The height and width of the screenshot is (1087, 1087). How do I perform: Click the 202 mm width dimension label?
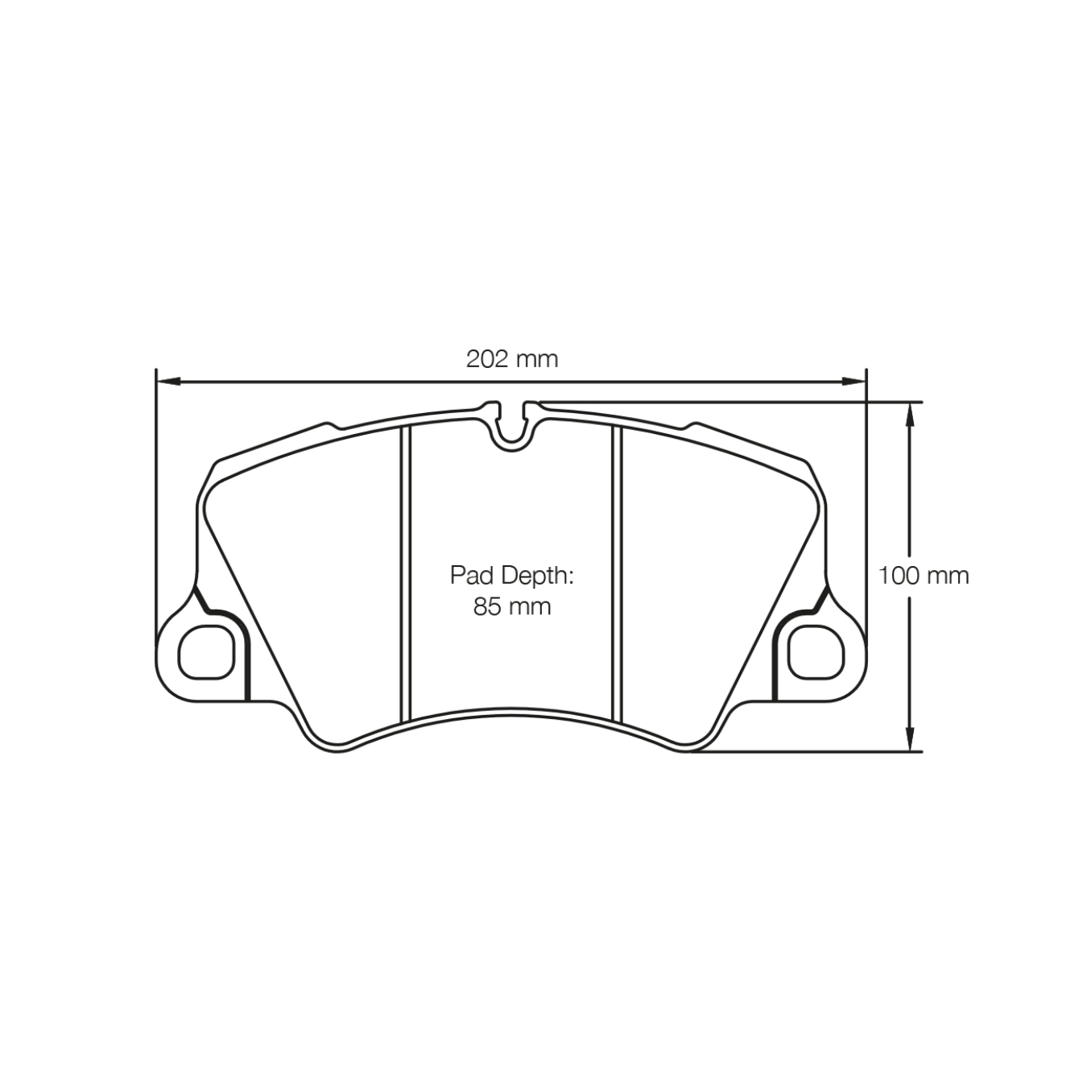pyautogui.click(x=511, y=358)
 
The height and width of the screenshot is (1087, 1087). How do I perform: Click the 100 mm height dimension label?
pyautogui.click(x=924, y=576)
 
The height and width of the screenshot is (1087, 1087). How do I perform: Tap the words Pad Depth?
pyautogui.click(x=510, y=576)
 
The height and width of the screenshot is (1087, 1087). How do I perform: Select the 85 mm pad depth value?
pyautogui.click(x=511, y=606)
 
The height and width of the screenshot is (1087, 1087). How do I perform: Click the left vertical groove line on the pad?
pyautogui.click(x=406, y=572)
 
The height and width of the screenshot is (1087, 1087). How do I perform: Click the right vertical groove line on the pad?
pyautogui.click(x=618, y=572)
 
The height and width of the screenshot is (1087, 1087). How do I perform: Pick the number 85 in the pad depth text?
pyautogui.click(x=487, y=606)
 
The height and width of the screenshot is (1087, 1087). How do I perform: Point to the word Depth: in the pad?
pyautogui.click(x=539, y=576)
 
